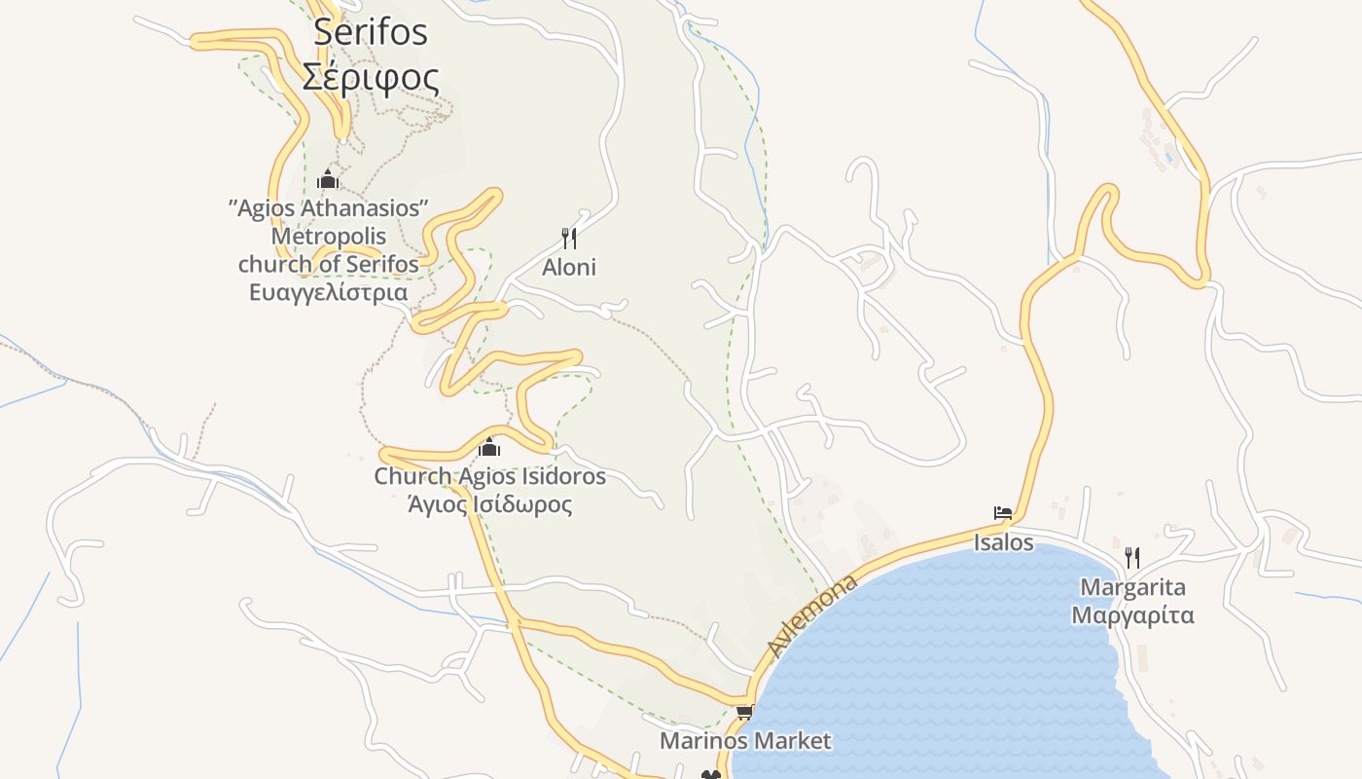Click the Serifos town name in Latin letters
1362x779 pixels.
[x=371, y=32]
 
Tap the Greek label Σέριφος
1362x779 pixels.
[x=371, y=77]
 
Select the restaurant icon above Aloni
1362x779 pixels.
[x=569, y=238]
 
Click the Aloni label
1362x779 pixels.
[x=569, y=267]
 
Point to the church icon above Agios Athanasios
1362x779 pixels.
[x=328, y=179]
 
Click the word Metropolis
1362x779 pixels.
[x=329, y=237]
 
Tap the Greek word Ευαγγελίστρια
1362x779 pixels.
[x=329, y=292]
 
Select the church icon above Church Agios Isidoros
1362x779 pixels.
[x=489, y=447]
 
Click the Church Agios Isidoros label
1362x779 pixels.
[x=489, y=476]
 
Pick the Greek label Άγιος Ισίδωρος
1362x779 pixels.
[x=489, y=504]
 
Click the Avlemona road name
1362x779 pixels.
[x=812, y=615]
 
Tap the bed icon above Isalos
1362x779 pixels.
[x=1003, y=513]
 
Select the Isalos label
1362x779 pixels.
[x=1003, y=542]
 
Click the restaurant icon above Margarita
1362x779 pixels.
[x=1132, y=558]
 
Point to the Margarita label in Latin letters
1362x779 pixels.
[x=1133, y=587]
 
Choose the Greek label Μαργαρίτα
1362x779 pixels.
[x=1133, y=615]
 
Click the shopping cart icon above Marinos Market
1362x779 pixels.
[x=745, y=712]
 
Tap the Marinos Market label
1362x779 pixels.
[x=745, y=741]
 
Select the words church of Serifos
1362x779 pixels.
[x=329, y=264]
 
